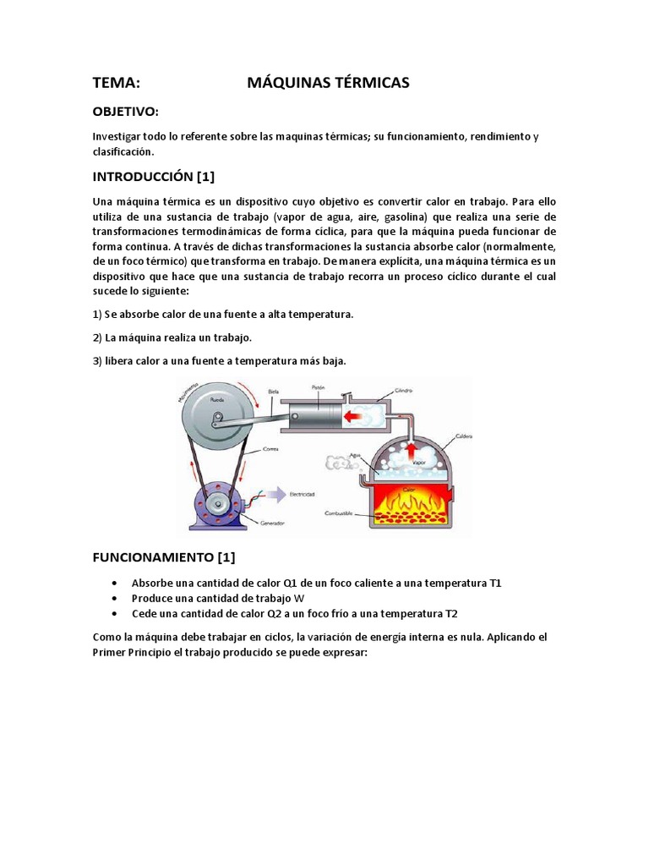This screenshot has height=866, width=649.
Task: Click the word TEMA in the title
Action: coord(116,82)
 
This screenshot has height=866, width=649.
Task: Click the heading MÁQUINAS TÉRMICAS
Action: coord(328,82)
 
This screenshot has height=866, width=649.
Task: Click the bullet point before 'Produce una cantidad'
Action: coord(114,599)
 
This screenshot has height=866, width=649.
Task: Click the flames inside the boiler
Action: coord(412,505)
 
